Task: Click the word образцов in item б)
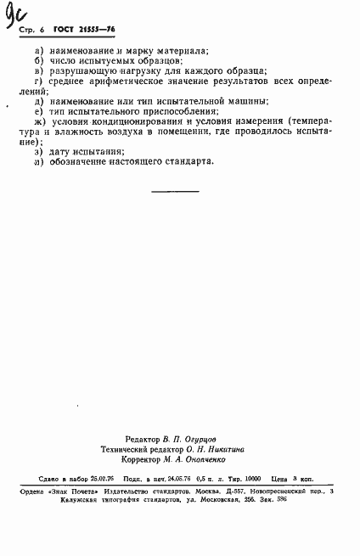[155, 63]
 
